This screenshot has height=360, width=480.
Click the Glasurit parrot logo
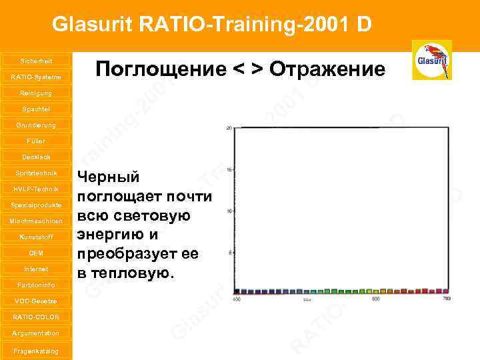(x=431, y=60)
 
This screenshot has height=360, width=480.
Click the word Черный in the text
(x=109, y=177)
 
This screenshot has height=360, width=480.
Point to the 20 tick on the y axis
(x=229, y=127)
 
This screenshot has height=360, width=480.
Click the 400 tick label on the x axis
(x=236, y=299)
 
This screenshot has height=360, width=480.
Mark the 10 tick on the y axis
(x=229, y=211)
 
